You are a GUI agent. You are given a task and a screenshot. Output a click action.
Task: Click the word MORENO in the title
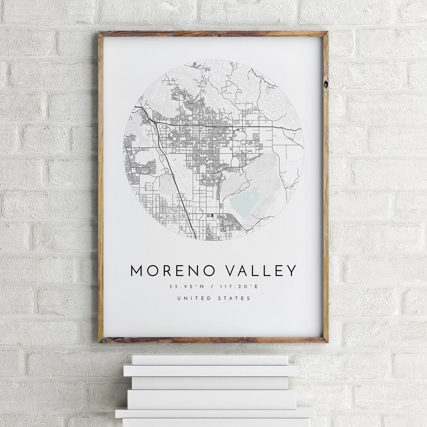173,271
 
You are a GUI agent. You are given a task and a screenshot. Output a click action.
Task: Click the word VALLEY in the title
261,271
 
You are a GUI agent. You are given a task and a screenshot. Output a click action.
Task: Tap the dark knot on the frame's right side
325,84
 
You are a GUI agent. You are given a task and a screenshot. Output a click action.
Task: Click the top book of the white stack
210,359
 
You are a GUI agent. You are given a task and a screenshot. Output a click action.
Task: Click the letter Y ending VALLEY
291,271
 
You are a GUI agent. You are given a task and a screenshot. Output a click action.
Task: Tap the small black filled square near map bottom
211,216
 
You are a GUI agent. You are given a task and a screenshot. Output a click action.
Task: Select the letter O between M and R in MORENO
152,271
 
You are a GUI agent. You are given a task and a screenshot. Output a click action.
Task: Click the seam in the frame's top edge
173,34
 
